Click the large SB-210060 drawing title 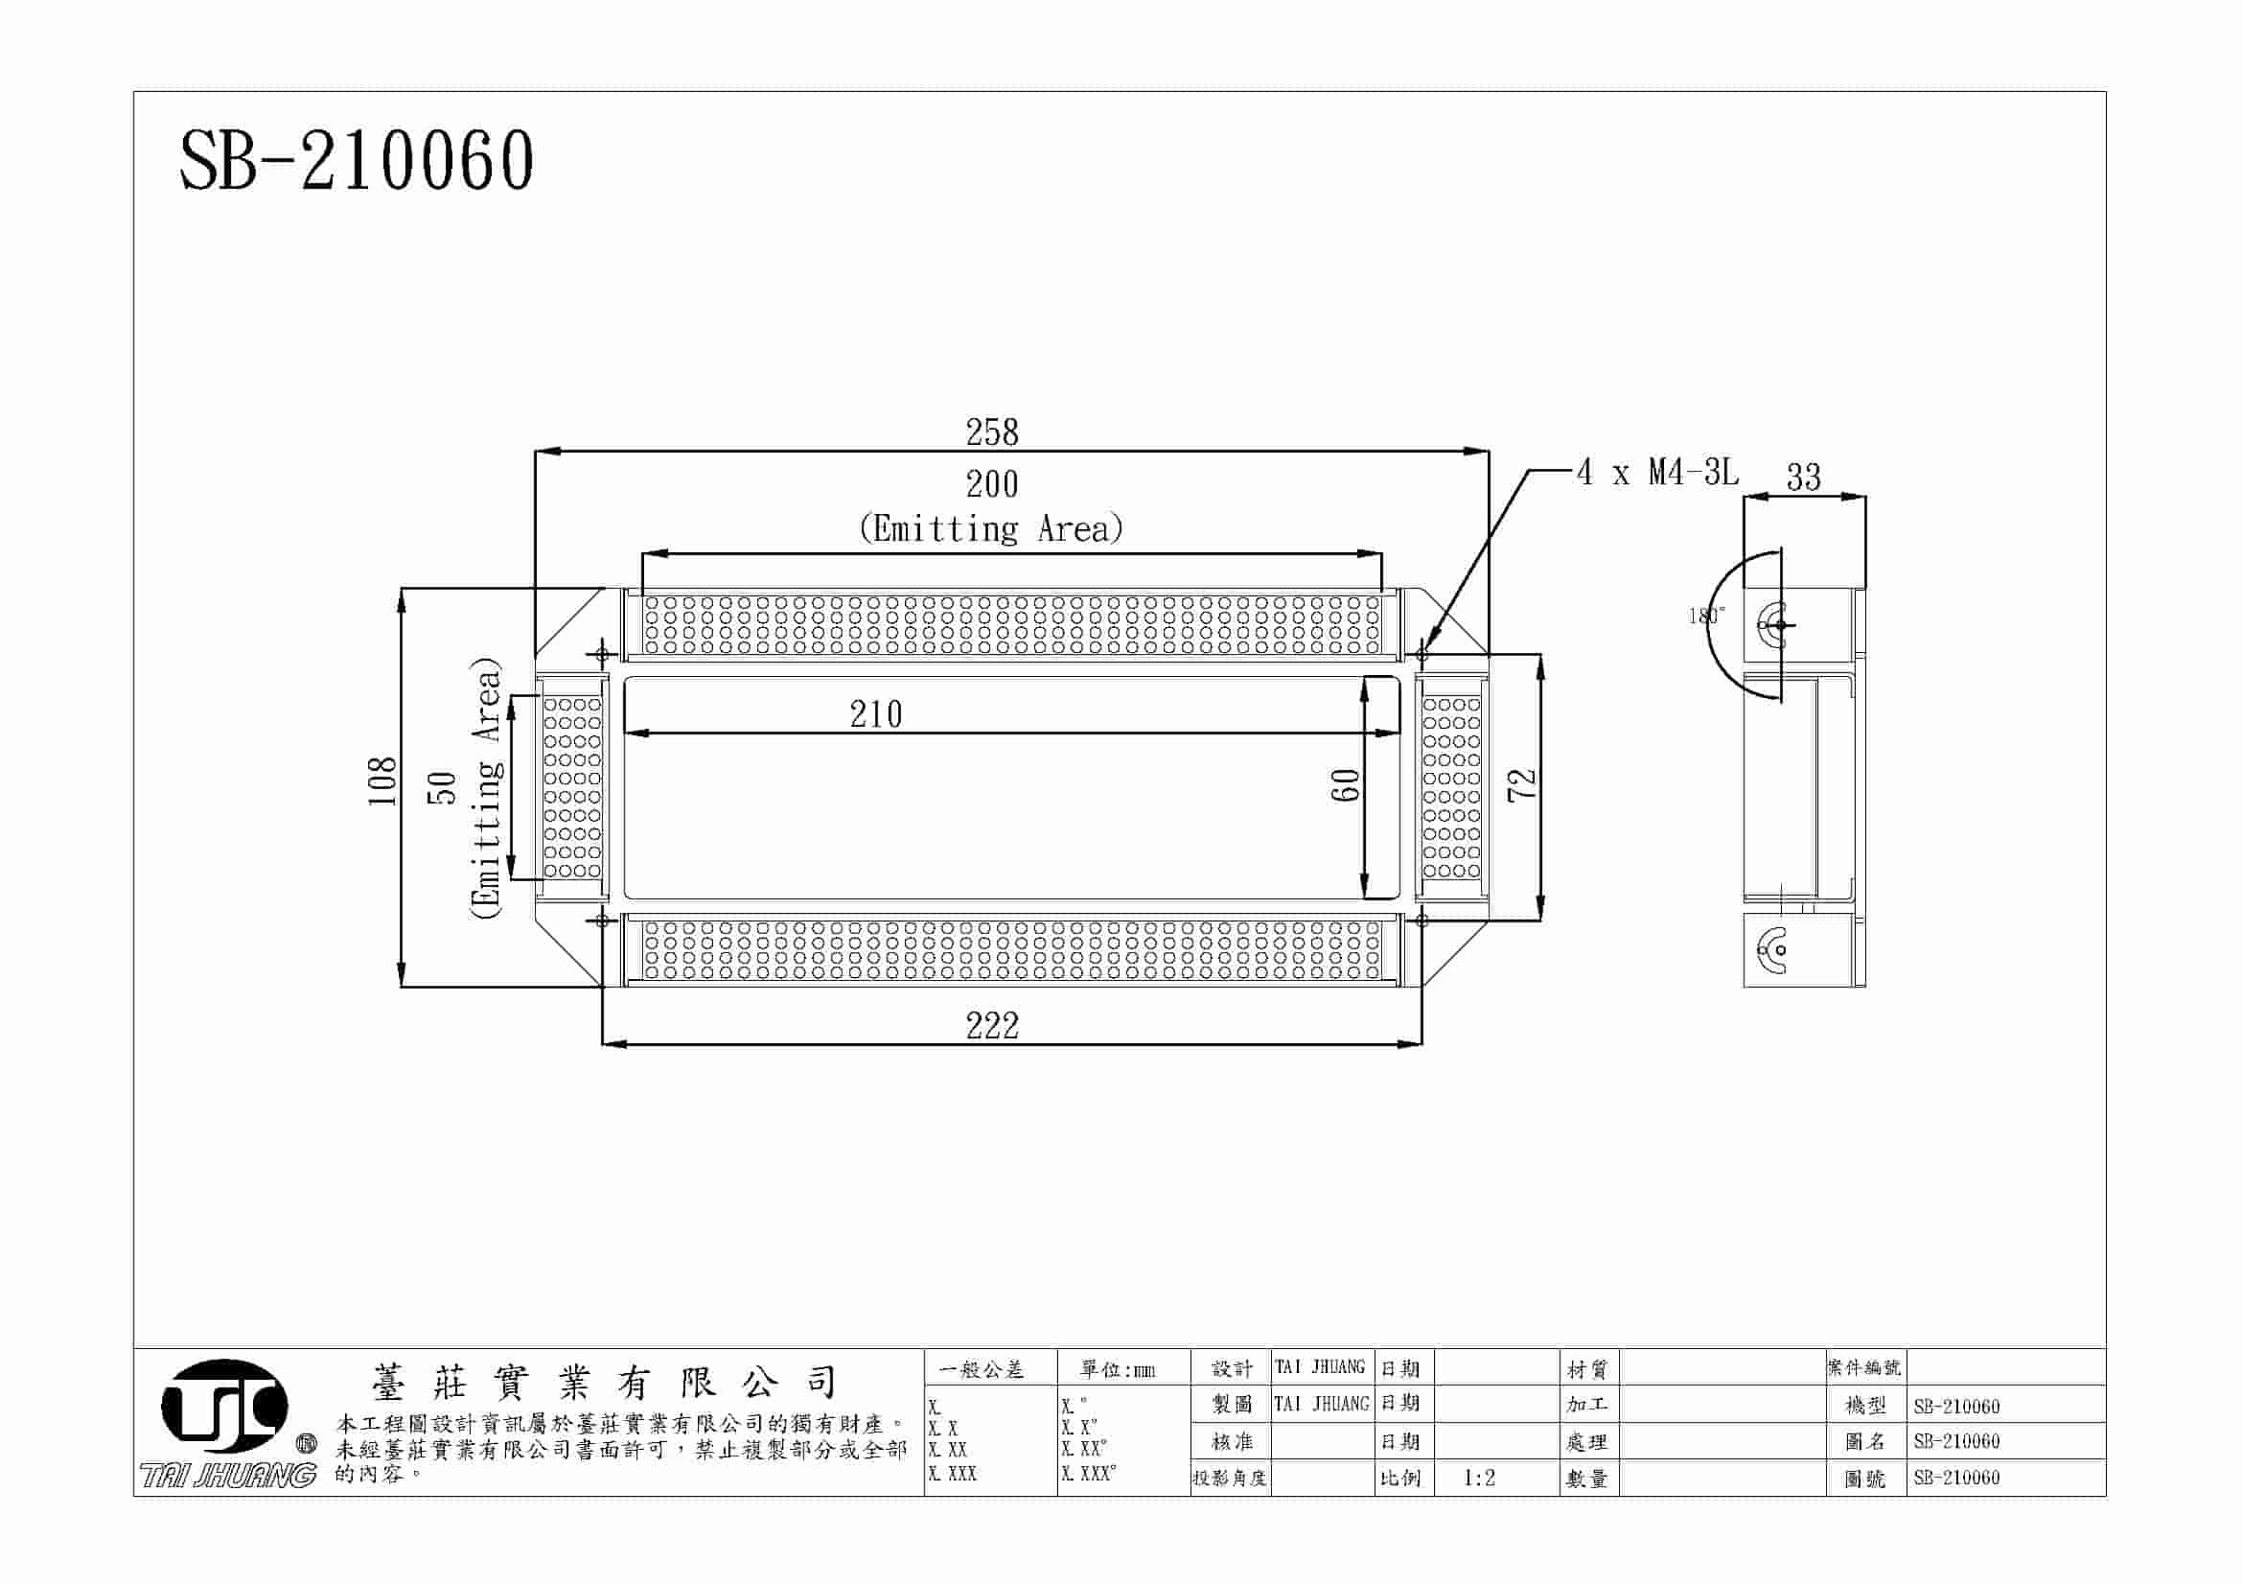[357, 161]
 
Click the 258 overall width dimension [991, 432]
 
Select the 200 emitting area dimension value [991, 484]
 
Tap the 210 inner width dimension [875, 715]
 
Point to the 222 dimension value [991, 1026]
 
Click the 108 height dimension [381, 781]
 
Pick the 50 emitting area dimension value [442, 787]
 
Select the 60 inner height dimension [1346, 785]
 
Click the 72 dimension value [1522, 785]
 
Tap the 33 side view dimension [1803, 478]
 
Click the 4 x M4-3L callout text [1657, 474]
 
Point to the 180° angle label [1706, 616]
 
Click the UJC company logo [224, 1407]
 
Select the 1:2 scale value [1478, 1479]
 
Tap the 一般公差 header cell [982, 1370]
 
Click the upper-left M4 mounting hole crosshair [602, 653]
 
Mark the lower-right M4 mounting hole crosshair [1421, 920]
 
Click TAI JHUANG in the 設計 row [1320, 1367]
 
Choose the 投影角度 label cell [1230, 1479]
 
